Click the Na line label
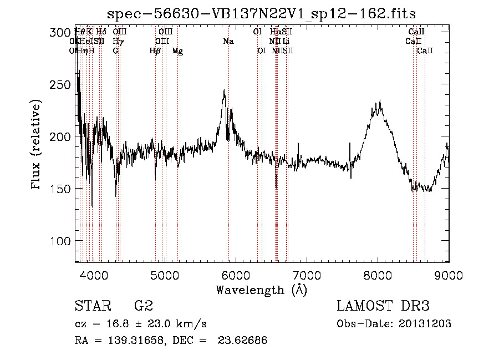pos(228,41)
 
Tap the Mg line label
pos(177,50)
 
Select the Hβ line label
pos(155,50)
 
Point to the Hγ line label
pos(118,41)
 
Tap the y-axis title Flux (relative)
pos(37,145)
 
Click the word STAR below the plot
pos(92,306)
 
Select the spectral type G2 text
pos(143,306)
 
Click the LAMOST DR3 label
pos(383,306)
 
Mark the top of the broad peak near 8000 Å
pos(379,102)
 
